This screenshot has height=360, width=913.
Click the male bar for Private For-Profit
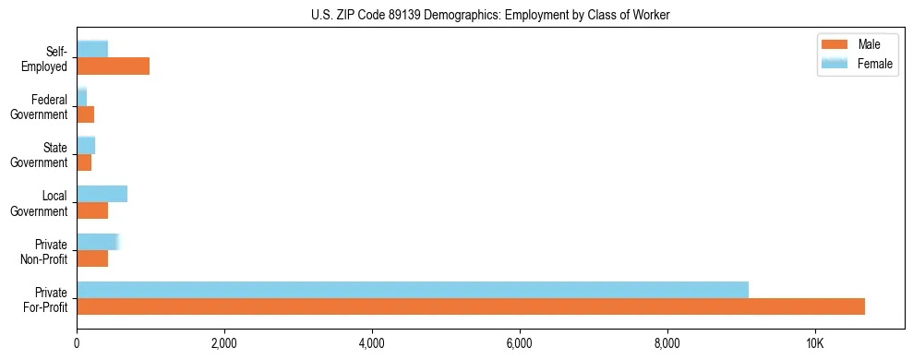click(471, 306)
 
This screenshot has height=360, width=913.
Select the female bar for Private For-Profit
click(413, 290)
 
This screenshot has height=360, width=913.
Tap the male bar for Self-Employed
click(113, 66)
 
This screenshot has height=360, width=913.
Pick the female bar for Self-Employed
click(92, 49)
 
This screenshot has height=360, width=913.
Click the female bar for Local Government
click(102, 194)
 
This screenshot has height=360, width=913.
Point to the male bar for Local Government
click(92, 210)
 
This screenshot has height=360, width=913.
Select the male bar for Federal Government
click(85, 114)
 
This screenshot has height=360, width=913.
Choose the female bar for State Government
click(86, 145)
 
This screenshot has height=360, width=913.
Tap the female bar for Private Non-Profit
click(97, 242)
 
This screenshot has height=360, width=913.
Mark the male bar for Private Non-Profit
click(92, 258)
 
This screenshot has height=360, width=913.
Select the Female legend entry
click(858, 64)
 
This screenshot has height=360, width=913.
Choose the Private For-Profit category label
click(45, 299)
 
